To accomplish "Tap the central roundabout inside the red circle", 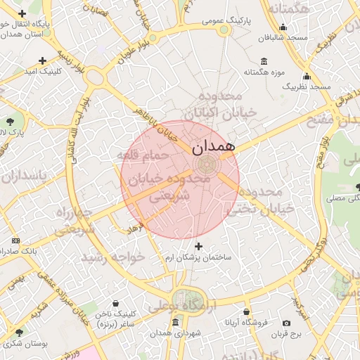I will pyautogui.click(x=206, y=165).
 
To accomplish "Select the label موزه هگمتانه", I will pyautogui.click(x=263, y=72).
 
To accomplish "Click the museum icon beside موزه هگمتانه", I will pyautogui.click(x=264, y=61).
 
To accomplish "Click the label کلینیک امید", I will pyautogui.click(x=43, y=71).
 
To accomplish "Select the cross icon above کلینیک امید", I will pyautogui.click(x=43, y=61).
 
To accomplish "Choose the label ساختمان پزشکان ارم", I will pyautogui.click(x=199, y=257).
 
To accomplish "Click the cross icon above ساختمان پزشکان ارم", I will pyautogui.click(x=199, y=246).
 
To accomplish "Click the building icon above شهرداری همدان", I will pyautogui.click(x=175, y=322).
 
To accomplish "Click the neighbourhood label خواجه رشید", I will pyautogui.click(x=113, y=257).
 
